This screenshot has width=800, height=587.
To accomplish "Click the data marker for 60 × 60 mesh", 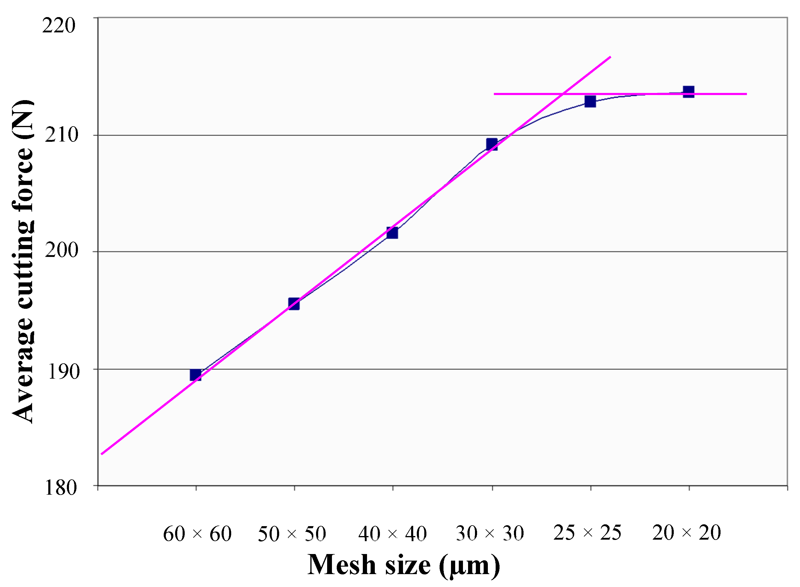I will (196, 375).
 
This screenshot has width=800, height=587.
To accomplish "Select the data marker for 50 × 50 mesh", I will (294, 304).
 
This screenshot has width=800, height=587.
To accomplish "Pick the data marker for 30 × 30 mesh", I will (492, 145).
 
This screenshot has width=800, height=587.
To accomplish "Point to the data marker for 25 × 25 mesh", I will (590, 102).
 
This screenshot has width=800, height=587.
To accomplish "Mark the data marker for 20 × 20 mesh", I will (689, 92).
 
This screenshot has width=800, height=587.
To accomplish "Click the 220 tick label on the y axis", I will (59, 25).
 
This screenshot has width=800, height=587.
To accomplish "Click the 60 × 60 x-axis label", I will (197, 534).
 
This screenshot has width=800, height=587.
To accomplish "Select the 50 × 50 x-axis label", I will (292, 534).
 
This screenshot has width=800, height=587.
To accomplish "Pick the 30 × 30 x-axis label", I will (490, 534).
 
